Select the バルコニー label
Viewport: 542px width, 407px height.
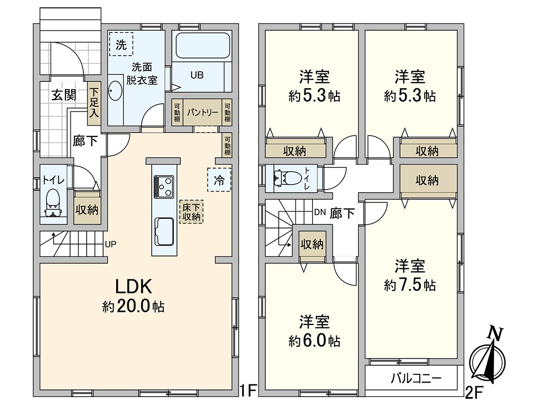pos(416,378)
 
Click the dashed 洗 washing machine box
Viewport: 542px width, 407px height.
pos(121,44)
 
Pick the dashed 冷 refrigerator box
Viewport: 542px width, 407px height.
pos(219,180)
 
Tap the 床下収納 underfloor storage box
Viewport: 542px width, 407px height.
pos(191,212)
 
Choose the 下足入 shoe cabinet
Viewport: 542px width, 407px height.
pos(93,104)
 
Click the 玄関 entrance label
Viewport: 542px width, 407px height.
pos(63,95)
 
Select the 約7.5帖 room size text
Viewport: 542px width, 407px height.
pos(410,285)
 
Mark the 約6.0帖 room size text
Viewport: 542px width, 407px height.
pos(314,341)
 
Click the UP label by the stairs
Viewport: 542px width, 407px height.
pos(111,244)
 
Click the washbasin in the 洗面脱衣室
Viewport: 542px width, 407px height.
pos(116,92)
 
